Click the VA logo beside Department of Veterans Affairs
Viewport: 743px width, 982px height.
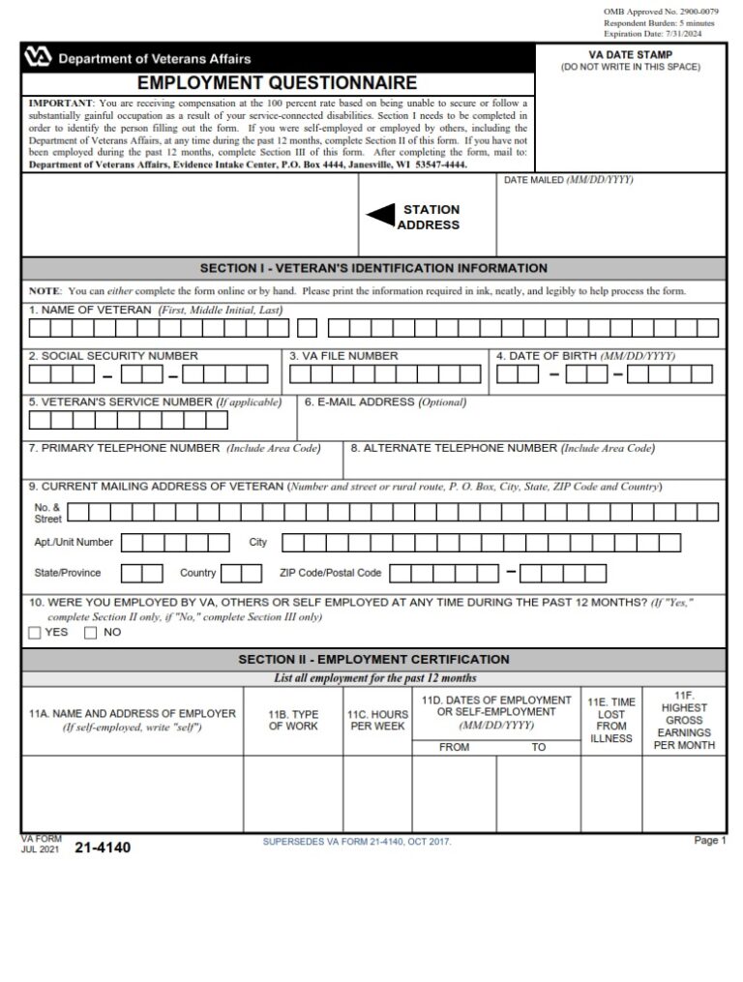(x=39, y=58)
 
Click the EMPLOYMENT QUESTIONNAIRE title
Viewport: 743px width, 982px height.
(x=277, y=83)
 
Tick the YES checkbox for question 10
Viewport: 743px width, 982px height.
(x=36, y=633)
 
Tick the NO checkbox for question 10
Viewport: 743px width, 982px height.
(x=91, y=633)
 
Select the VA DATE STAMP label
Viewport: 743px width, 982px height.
(x=630, y=55)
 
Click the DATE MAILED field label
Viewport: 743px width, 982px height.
(x=567, y=181)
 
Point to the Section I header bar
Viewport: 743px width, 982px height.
(x=372, y=268)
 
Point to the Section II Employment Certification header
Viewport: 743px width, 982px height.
(x=372, y=660)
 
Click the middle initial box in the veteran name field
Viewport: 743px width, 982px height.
(x=307, y=329)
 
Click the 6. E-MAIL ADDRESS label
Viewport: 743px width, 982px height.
(x=385, y=402)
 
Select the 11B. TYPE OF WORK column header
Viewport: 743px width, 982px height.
(x=292, y=720)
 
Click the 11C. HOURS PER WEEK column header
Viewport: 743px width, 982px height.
(x=377, y=720)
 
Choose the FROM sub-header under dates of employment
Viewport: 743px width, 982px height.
(x=454, y=747)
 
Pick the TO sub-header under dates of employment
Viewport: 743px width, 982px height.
(x=538, y=747)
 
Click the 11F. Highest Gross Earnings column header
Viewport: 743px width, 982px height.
(x=684, y=720)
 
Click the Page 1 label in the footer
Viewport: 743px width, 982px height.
(x=709, y=841)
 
